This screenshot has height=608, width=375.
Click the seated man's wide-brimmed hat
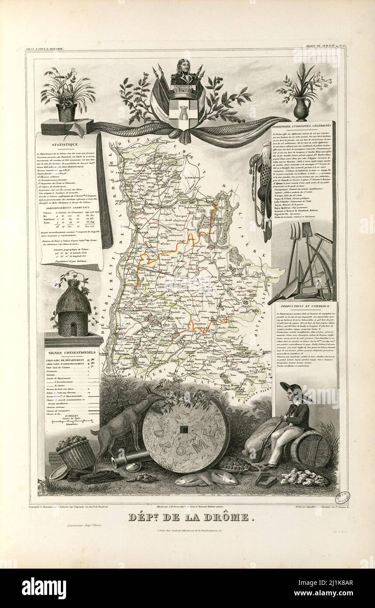coord(292,388)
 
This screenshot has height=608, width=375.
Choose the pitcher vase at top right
coord(301,108)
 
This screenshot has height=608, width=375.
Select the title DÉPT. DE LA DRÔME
coord(191,517)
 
